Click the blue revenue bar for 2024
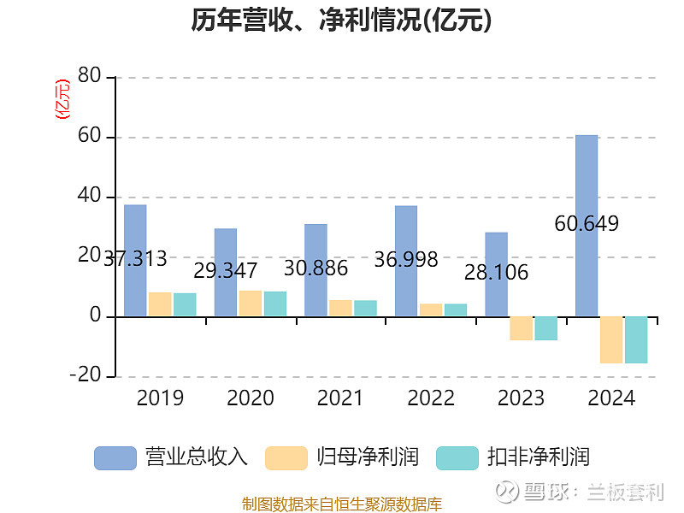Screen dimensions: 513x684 pos(587,226)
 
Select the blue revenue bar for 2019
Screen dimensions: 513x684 pos(135,261)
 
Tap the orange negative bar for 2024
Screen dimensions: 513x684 pos(611,339)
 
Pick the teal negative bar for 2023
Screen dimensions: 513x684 pos(545,328)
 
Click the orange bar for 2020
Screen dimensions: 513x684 pos(251,304)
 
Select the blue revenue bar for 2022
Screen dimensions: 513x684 pos(406,261)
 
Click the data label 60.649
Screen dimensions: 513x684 pos(587,224)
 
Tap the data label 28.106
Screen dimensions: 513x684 pos(496,273)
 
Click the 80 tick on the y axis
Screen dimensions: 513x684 pos(89,77)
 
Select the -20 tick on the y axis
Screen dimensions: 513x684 pos(85,376)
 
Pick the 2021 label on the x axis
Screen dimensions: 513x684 pos(340,398)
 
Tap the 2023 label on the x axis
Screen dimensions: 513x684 pos(521,398)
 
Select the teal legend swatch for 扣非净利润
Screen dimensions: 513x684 pos(457,457)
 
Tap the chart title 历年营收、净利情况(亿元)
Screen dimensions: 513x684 pos(341,21)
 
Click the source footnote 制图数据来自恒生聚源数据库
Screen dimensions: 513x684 pos(341,504)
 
